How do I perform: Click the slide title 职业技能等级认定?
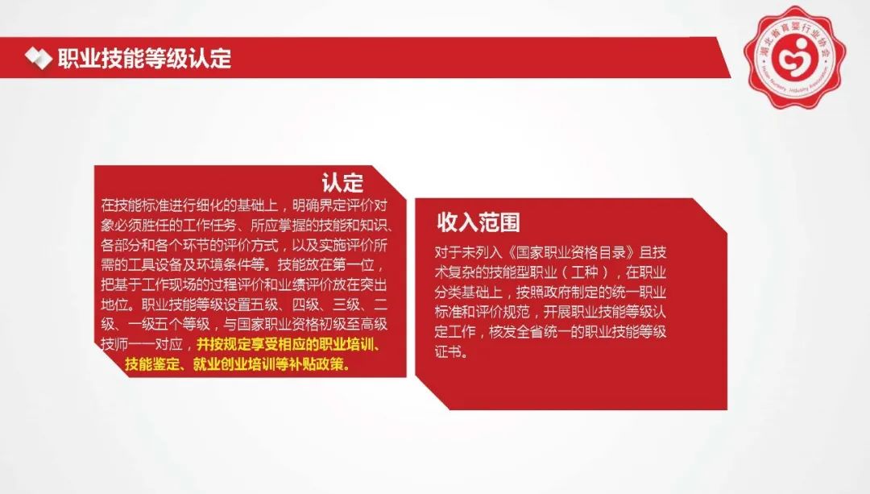[x=144, y=58]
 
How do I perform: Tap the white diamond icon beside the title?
[x=39, y=58]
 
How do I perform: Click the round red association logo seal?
[x=794, y=58]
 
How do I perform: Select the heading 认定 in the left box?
[x=342, y=183]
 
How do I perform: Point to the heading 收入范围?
[x=478, y=222]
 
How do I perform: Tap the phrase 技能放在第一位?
[x=326, y=265]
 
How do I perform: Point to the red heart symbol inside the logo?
[x=793, y=56]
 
